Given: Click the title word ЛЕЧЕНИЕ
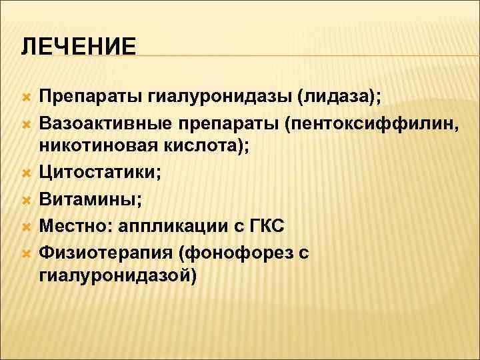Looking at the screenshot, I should click(78, 47).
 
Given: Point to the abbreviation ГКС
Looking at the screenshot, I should click(267, 225).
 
